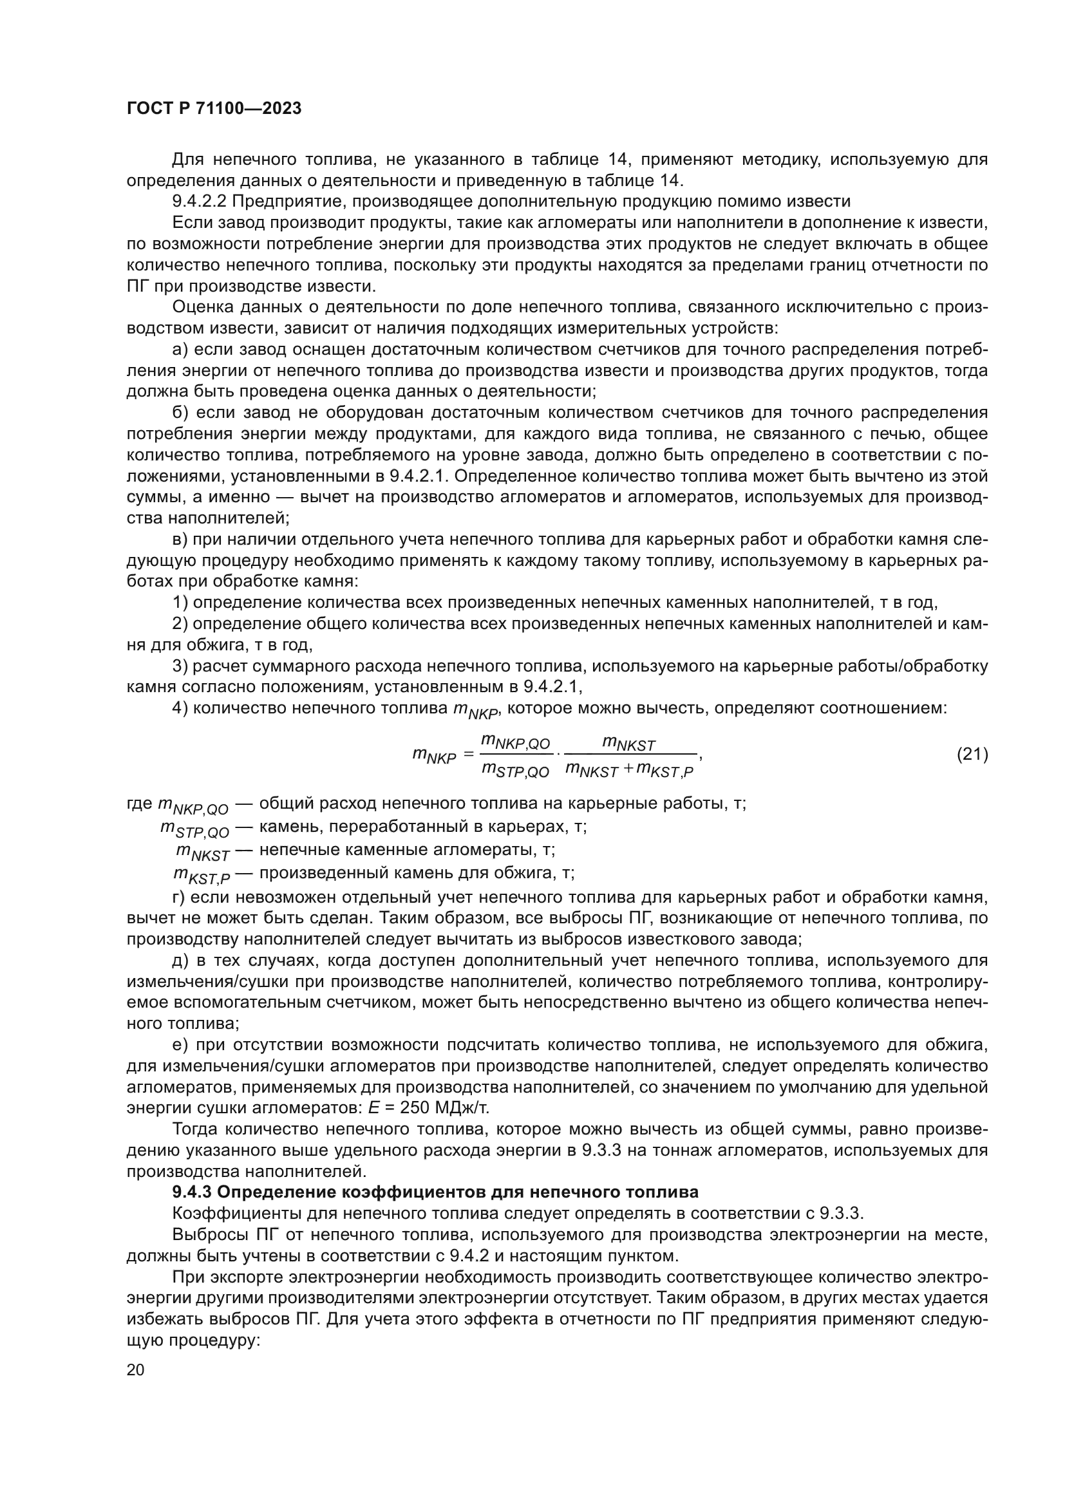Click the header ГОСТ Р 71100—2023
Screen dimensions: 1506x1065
click(214, 109)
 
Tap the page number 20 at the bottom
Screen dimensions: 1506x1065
click(135, 1370)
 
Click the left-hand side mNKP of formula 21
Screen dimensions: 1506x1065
click(434, 757)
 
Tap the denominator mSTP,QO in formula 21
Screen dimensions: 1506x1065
click(516, 770)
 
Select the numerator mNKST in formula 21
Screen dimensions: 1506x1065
click(629, 744)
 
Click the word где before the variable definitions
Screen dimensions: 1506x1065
click(139, 804)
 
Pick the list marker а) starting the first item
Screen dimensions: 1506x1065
click(181, 350)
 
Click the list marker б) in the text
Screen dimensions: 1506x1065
click(181, 413)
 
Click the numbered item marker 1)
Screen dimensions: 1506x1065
click(180, 602)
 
